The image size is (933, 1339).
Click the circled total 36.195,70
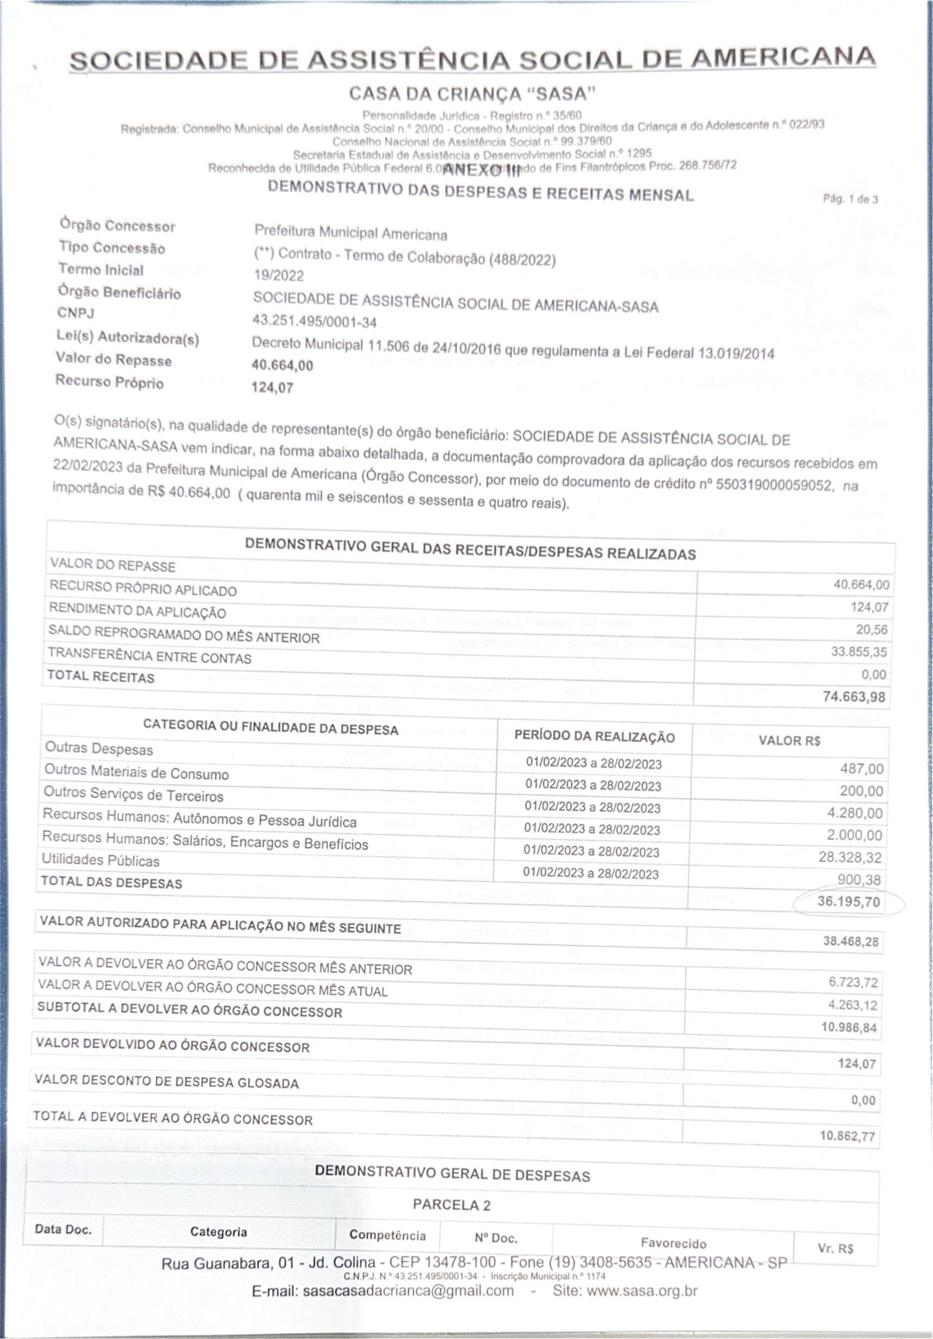pos(848,902)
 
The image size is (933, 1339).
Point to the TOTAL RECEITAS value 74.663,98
pos(854,697)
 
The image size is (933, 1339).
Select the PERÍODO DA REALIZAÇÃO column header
pos(594,737)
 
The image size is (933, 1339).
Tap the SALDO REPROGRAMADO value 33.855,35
pos(858,652)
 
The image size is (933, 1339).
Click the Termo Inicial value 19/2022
pos(279,275)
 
